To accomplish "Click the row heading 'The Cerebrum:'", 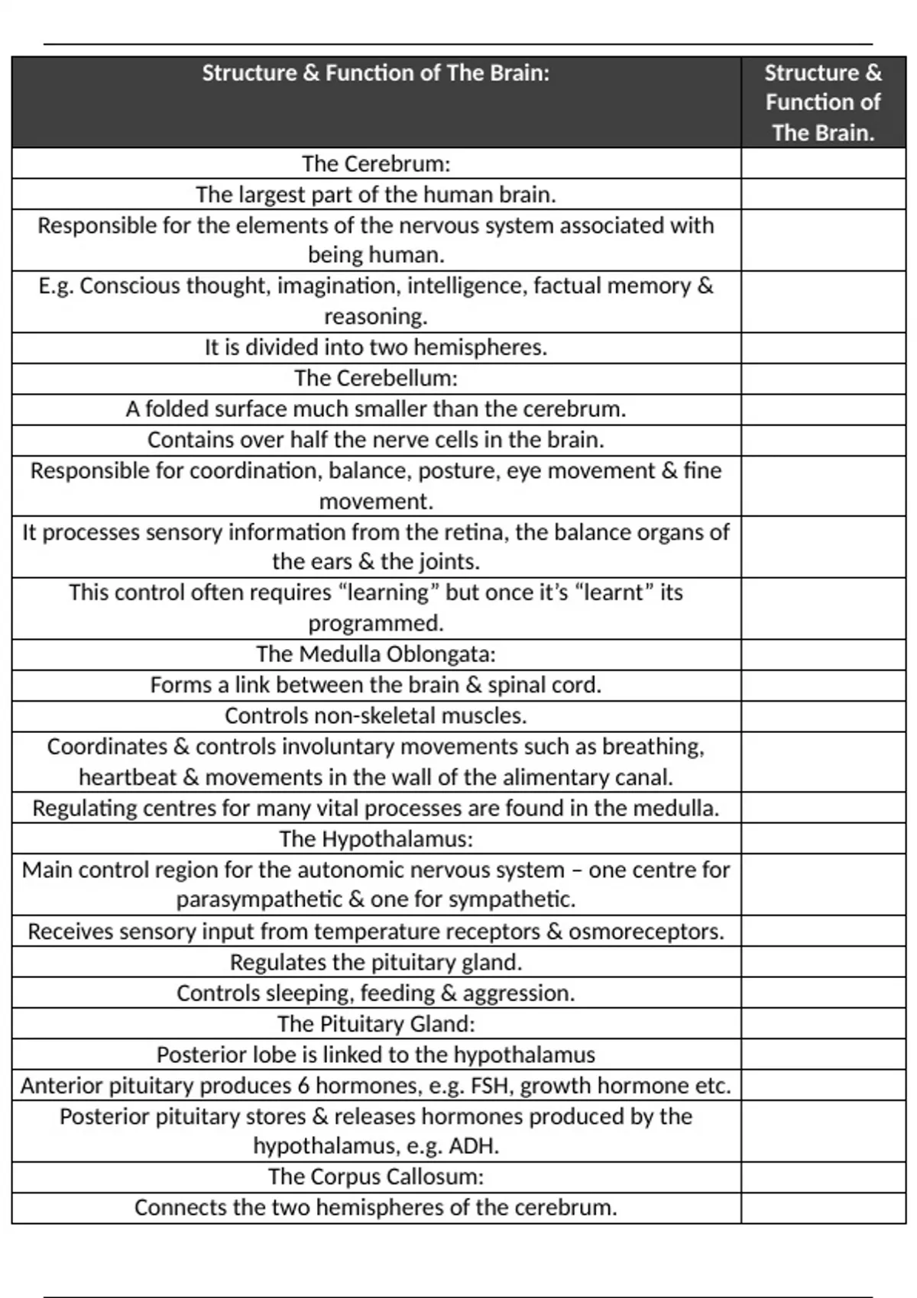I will (376, 164).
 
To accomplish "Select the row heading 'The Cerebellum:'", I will (376, 379).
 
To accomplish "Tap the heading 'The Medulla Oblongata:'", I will (376, 654).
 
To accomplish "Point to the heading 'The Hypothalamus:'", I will (376, 839).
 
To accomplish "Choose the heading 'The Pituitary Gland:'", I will (376, 1024).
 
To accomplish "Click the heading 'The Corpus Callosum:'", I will (376, 1177).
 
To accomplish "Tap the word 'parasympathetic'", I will (259, 900).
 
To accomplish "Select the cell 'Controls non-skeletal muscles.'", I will (376, 716).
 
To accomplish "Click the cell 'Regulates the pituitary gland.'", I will (376, 963).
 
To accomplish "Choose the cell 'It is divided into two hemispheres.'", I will (376, 348).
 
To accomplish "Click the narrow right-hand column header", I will (823, 102).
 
